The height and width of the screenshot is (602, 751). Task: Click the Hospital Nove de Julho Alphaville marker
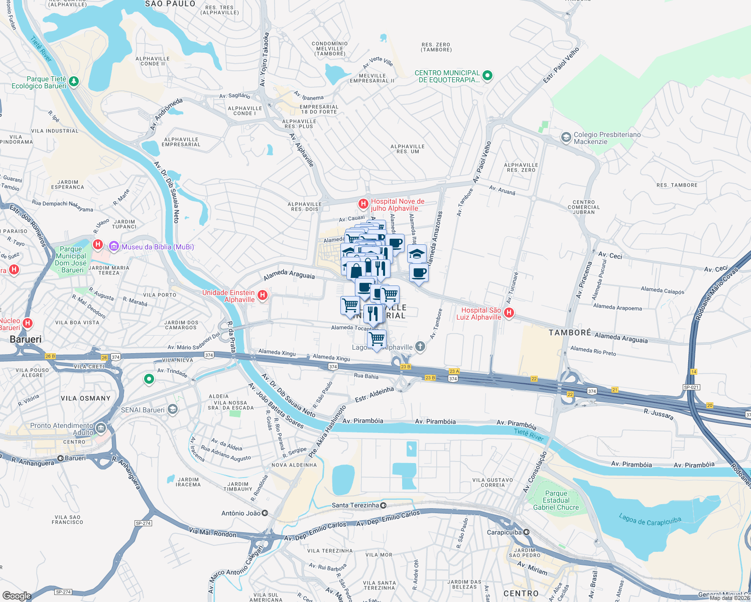click(363, 204)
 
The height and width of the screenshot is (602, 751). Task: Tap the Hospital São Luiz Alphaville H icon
click(509, 313)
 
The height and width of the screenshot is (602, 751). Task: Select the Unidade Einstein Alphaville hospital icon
click(262, 295)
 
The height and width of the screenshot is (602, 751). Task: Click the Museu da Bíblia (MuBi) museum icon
click(114, 246)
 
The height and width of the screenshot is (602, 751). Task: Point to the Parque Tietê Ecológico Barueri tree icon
click(74, 81)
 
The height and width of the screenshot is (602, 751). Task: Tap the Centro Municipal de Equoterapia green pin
click(487, 76)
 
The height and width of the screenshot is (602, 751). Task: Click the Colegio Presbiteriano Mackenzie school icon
click(566, 137)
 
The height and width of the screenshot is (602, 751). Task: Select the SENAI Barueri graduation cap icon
click(173, 409)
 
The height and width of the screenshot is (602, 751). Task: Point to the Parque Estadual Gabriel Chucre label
click(556, 500)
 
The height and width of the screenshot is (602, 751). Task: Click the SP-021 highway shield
click(691, 387)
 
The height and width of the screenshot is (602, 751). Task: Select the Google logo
click(17, 595)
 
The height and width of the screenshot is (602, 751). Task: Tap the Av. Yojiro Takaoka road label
click(264, 60)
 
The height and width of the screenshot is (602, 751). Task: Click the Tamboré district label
click(570, 333)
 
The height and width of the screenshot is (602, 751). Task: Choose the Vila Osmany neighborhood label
click(85, 398)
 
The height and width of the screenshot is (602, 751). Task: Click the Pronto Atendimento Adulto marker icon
click(101, 428)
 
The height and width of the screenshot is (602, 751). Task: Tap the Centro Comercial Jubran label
click(583, 207)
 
